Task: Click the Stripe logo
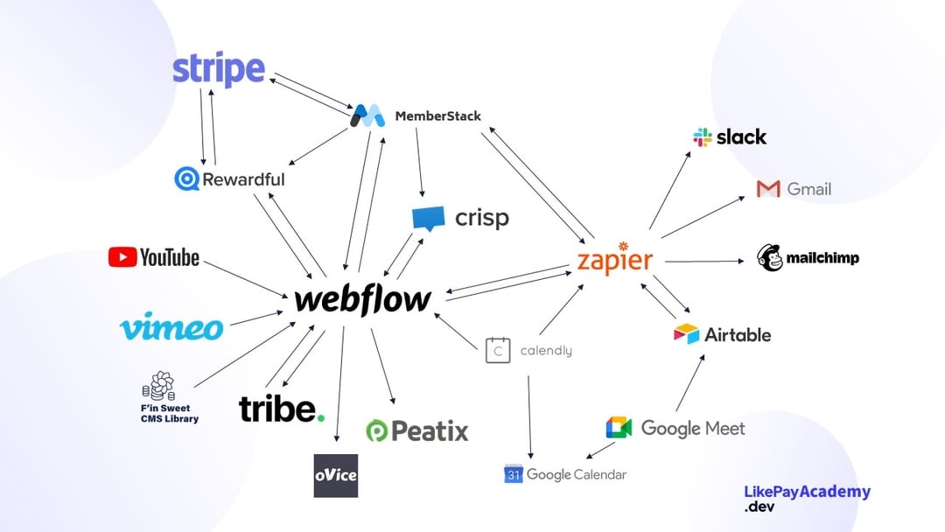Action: [x=218, y=69]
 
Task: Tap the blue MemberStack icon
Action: [x=368, y=115]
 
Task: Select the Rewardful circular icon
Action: [x=186, y=179]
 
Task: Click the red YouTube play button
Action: [x=122, y=257]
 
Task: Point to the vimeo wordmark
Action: [x=171, y=327]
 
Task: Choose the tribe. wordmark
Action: [x=282, y=409]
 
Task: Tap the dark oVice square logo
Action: [x=336, y=476]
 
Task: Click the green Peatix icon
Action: [x=377, y=430]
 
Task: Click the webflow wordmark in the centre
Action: [x=362, y=300]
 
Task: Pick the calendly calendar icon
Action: [x=498, y=350]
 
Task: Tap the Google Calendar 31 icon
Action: [x=513, y=474]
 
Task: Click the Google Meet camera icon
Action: [x=619, y=428]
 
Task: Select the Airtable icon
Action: [x=687, y=334]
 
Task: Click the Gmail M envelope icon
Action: [x=768, y=189]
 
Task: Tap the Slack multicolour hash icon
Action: [x=703, y=136]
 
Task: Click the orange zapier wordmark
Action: [x=615, y=260]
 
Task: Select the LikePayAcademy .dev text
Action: [x=807, y=498]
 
